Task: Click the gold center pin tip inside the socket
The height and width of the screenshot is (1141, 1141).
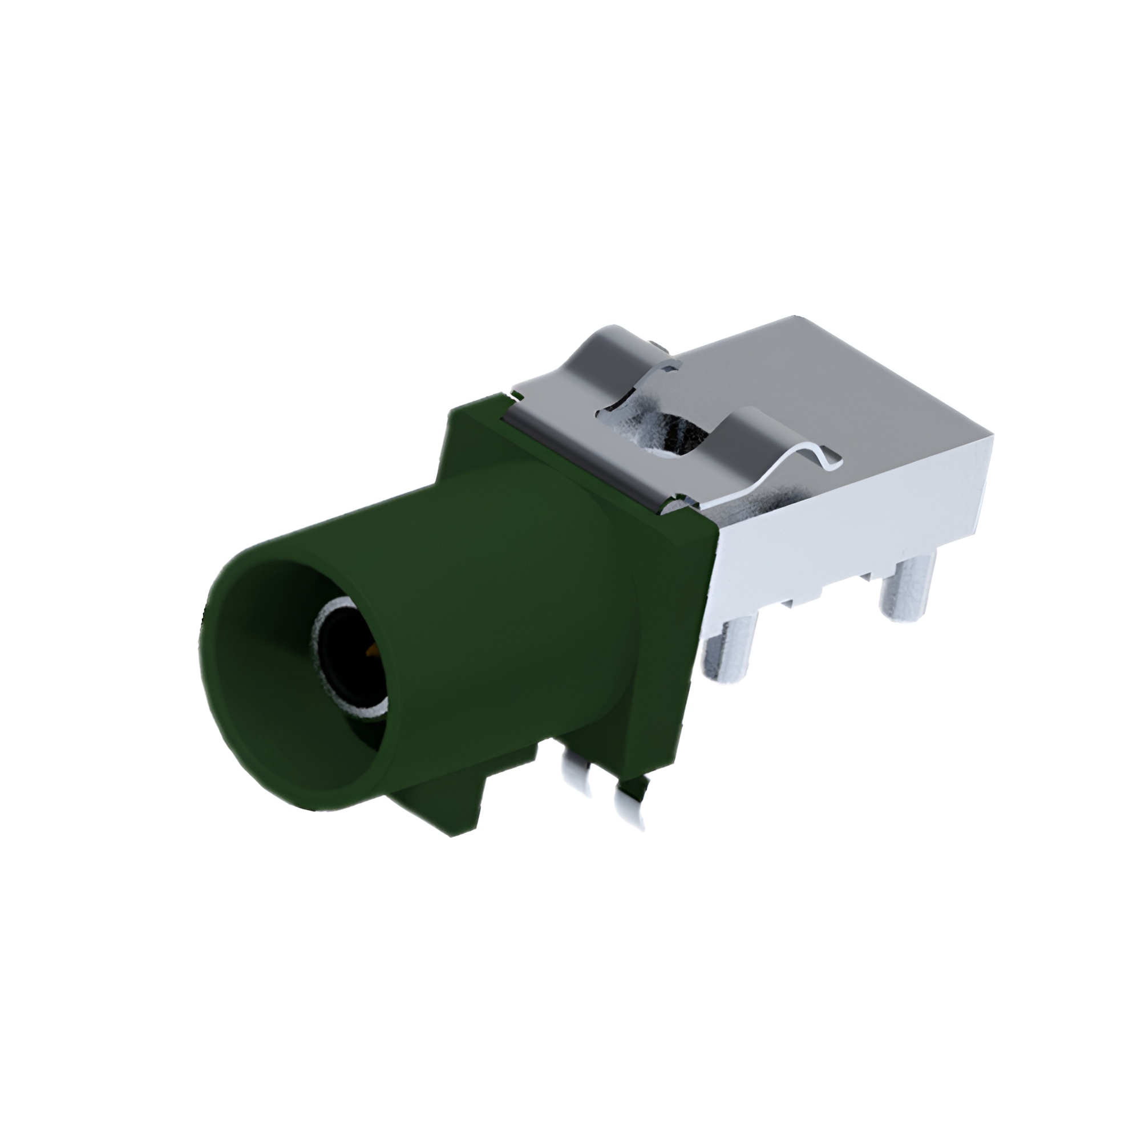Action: click(371, 652)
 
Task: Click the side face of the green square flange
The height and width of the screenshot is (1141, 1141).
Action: click(673, 620)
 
